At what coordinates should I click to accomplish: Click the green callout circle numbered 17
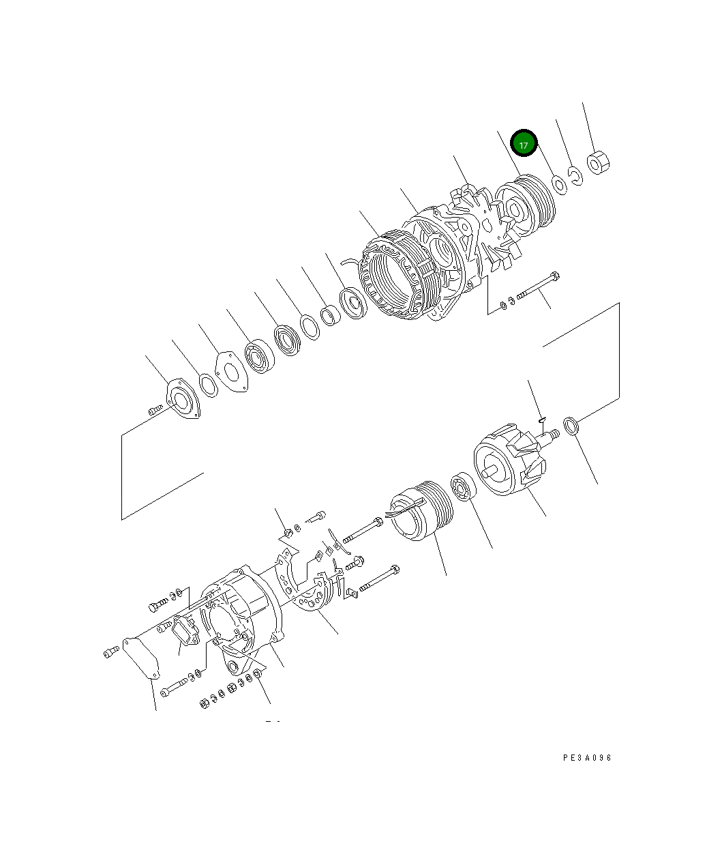pyautogui.click(x=524, y=145)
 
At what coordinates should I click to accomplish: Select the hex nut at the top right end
pyautogui.click(x=598, y=163)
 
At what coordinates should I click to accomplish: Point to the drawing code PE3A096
pyautogui.click(x=587, y=758)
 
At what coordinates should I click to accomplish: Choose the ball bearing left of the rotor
pyautogui.click(x=464, y=486)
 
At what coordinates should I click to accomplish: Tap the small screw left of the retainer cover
pyautogui.click(x=154, y=409)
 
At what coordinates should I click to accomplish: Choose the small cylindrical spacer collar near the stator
pyautogui.click(x=330, y=315)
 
